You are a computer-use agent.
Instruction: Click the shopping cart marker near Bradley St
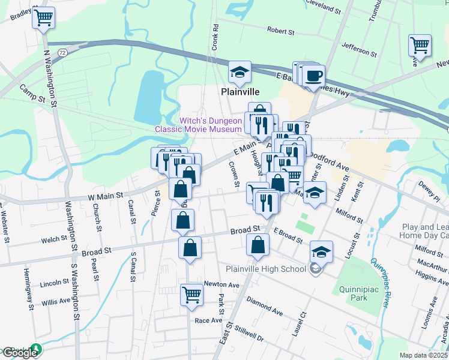(43, 18)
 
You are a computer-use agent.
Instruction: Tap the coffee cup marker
(314, 77)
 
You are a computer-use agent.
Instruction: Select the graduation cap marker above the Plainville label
(240, 73)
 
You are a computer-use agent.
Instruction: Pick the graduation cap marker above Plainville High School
(322, 252)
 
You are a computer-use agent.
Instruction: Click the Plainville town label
(240, 92)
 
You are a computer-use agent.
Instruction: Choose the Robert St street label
(280, 30)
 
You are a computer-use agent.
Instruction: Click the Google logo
(19, 353)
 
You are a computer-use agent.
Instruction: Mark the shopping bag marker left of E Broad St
(258, 245)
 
